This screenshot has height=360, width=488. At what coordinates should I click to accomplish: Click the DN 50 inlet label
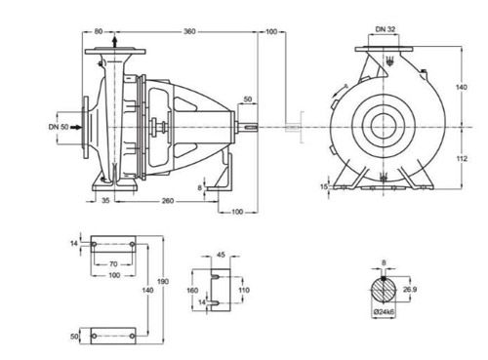pyautogui.click(x=59, y=127)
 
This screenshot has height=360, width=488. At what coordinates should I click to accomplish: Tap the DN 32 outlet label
pyautogui.click(x=386, y=29)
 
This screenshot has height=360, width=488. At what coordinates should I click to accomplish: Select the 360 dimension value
pyautogui.click(x=189, y=31)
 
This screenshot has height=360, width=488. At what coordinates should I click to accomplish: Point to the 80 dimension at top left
pyautogui.click(x=99, y=31)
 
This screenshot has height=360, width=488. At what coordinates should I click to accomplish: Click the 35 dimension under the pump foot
pyautogui.click(x=105, y=201)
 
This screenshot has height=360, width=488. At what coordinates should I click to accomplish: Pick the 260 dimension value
pyautogui.click(x=168, y=201)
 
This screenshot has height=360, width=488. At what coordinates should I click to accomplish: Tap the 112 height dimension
pyautogui.click(x=462, y=158)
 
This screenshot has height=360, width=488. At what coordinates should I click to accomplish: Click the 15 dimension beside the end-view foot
pyautogui.click(x=324, y=186)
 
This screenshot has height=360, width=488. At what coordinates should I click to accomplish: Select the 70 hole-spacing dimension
pyautogui.click(x=113, y=264)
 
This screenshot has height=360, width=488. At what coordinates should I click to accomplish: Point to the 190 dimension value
pyautogui.click(x=163, y=281)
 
